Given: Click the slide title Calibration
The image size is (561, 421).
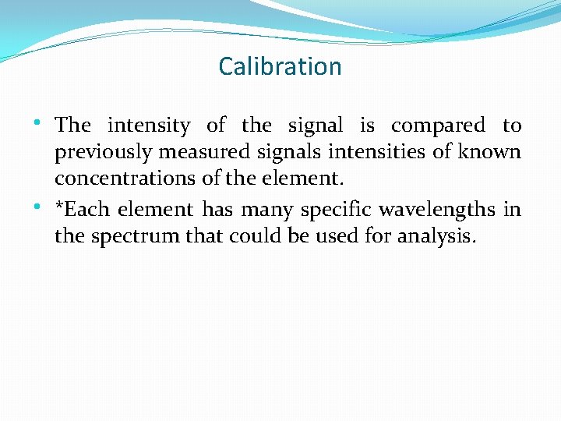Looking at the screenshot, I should tap(280, 67).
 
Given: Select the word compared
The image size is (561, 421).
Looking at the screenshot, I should tap(438, 126).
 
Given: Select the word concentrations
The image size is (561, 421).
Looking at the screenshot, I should tap(126, 179).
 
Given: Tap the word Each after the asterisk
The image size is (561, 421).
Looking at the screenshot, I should tap(88, 210).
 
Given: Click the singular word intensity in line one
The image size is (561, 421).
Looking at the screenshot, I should tap(149, 126).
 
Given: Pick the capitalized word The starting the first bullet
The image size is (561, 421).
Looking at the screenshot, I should tap(73, 126).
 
